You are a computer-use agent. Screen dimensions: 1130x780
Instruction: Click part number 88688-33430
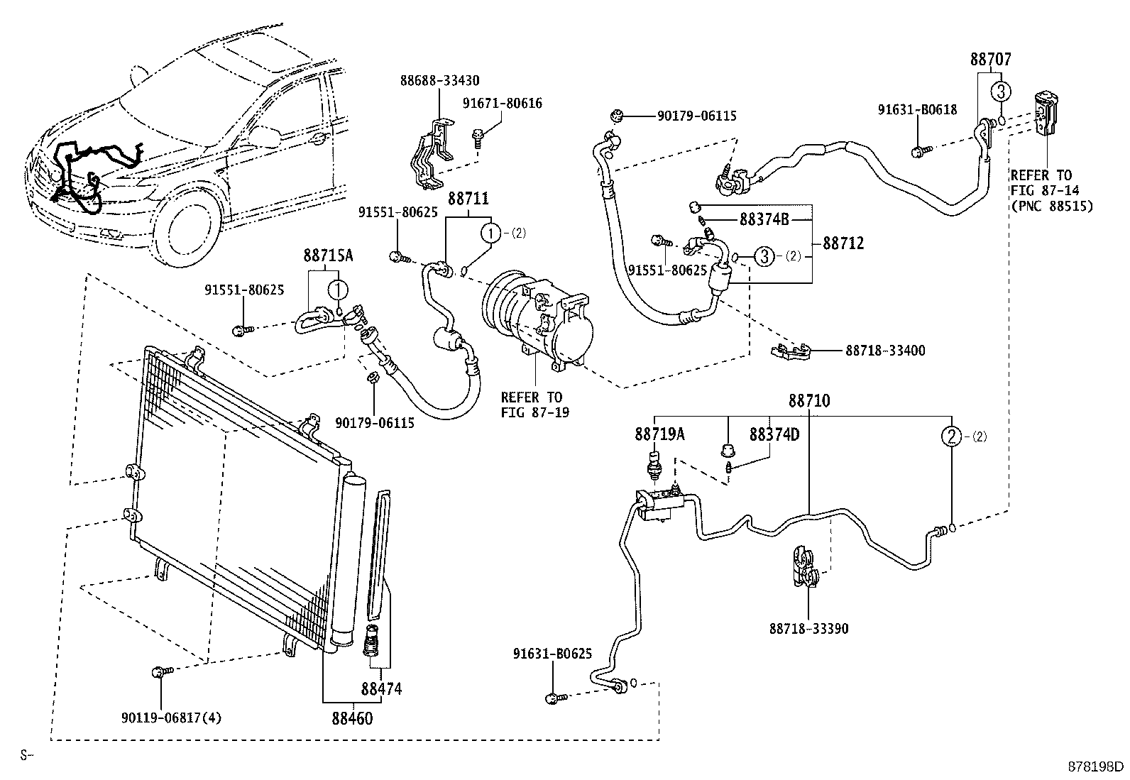[439, 80]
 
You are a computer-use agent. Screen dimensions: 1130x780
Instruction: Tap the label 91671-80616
[503, 103]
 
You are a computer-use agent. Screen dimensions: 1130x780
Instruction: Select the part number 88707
[991, 60]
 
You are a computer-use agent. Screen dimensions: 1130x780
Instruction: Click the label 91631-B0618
[917, 109]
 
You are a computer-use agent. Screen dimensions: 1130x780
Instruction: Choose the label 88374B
[764, 219]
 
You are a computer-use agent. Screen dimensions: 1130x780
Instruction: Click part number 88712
[843, 243]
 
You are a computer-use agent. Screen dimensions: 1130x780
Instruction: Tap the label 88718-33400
[885, 351]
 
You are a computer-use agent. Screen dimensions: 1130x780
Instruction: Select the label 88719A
[659, 434]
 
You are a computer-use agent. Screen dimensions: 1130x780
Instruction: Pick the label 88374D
[774, 434]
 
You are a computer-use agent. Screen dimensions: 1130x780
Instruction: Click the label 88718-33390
[808, 629]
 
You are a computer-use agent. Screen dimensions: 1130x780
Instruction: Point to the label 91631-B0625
[552, 654]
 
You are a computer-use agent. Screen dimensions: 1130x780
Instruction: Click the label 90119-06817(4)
[171, 718]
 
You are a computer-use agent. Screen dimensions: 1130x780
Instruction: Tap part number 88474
[381, 688]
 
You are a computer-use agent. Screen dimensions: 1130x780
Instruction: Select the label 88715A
[328, 256]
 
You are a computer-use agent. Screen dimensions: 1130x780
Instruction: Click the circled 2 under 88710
[952, 436]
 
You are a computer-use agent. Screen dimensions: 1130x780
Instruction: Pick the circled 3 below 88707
[1001, 92]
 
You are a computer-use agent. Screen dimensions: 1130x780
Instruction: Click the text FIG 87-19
[534, 412]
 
